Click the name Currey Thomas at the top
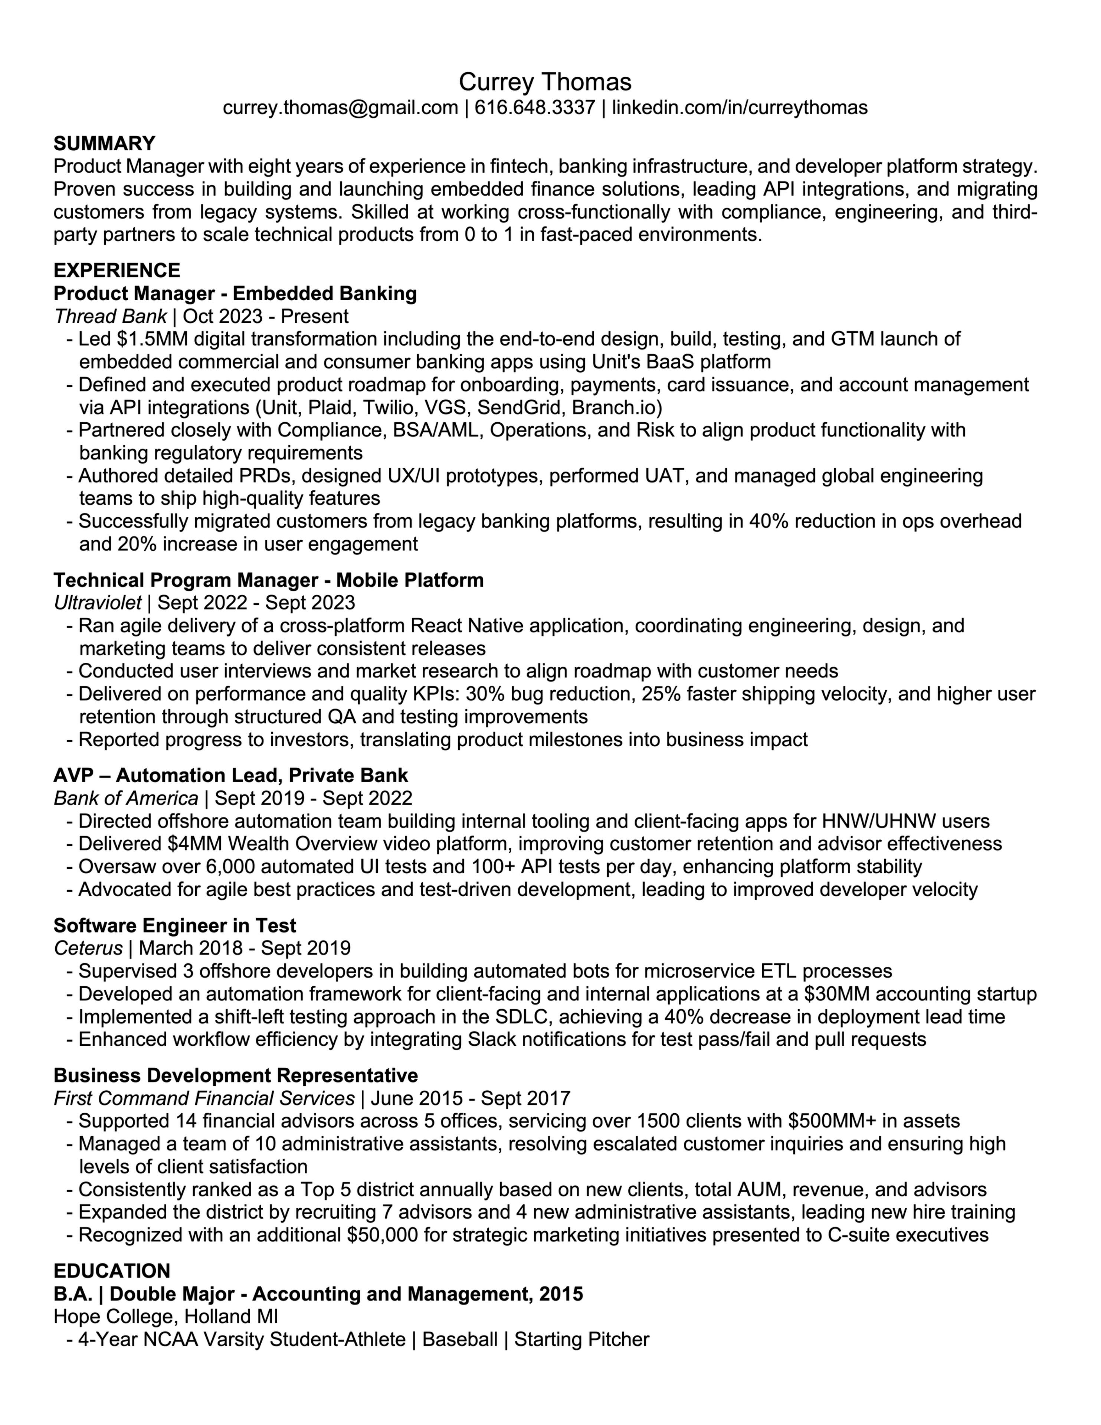[x=545, y=82]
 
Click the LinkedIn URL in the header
[x=740, y=108]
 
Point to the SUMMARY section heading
[x=104, y=144]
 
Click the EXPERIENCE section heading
[x=117, y=270]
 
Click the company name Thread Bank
[x=110, y=317]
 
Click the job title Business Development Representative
[x=236, y=1075]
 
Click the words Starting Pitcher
[x=581, y=1340]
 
